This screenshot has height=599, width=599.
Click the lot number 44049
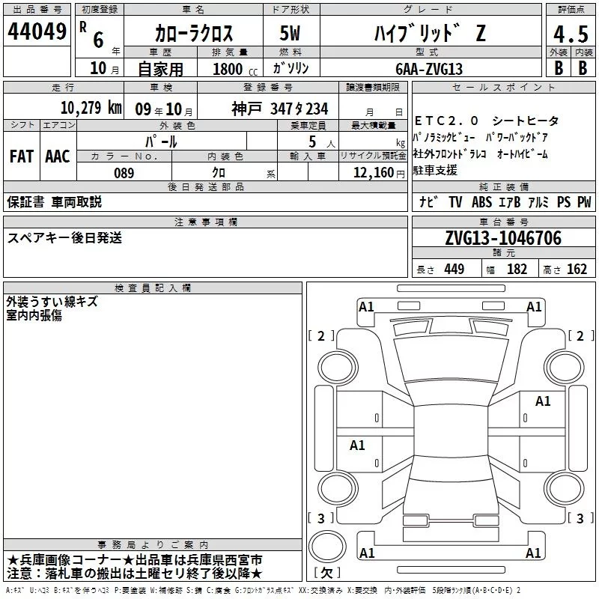[x=37, y=31]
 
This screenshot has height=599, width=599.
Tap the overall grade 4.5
[x=571, y=34]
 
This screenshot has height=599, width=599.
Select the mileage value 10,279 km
[x=91, y=108]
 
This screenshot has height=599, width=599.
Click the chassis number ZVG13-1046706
[x=503, y=238]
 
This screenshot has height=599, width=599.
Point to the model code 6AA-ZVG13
[x=429, y=69]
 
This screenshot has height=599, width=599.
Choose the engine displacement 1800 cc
[x=235, y=69]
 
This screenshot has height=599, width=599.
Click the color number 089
[x=124, y=173]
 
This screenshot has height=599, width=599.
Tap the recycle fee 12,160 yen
[x=379, y=173]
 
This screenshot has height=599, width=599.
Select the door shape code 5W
[x=290, y=33]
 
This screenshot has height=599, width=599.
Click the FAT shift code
[x=22, y=156]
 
